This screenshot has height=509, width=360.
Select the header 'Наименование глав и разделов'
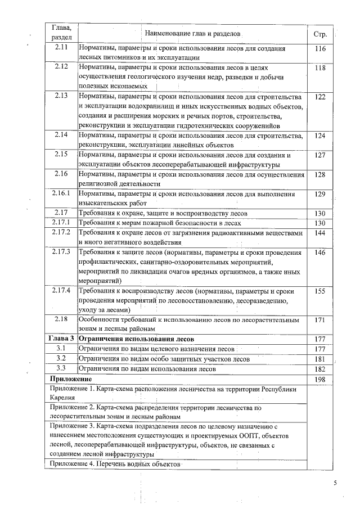tap(193, 34)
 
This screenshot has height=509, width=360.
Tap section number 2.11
tap(61, 48)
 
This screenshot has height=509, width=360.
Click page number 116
tap(321, 49)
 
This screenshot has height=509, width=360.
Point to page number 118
tap(321, 68)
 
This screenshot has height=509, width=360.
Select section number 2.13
tap(61, 96)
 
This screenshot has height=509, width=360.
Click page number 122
tap(321, 97)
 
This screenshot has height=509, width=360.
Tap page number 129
tap(321, 194)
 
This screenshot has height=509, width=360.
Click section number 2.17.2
tap(61, 232)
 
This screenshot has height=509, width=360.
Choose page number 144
tap(321, 232)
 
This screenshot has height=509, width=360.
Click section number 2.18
tap(61, 319)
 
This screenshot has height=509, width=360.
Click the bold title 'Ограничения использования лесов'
tap(136, 340)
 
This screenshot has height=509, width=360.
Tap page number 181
tap(321, 359)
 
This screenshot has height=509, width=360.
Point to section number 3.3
tap(61, 368)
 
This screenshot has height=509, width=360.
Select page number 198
tap(321, 380)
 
